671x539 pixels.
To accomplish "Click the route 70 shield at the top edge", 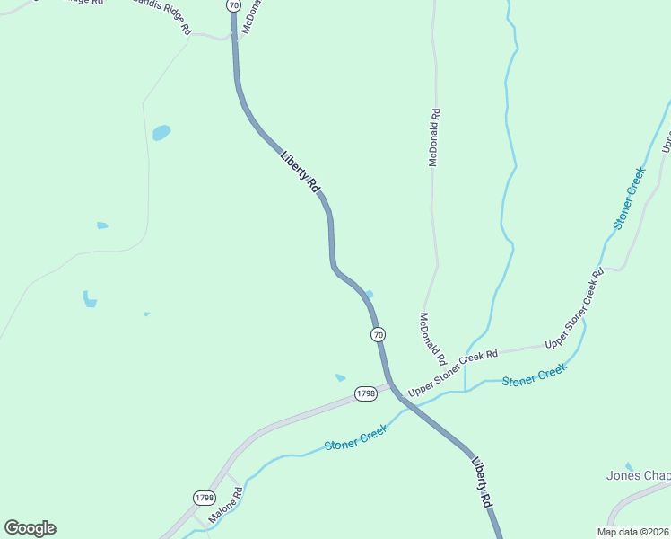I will [233, 5].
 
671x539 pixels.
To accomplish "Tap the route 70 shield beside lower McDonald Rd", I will [379, 334].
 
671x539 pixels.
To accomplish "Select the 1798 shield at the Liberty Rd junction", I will [365, 393].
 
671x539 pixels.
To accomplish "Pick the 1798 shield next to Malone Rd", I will [205, 497].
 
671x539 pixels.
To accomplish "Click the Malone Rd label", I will [226, 506].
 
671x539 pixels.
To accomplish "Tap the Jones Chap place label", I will [638, 475].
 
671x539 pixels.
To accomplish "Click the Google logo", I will [30, 528].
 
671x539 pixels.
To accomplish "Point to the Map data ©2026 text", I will [632, 531].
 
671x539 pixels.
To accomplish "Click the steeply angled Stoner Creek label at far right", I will [629, 197].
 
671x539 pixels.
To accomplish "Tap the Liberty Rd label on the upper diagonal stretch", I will [301, 170].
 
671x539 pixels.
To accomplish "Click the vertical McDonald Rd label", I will [433, 138].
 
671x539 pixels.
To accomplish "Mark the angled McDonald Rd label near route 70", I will [432, 333].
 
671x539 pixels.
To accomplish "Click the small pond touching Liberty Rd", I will [369, 294].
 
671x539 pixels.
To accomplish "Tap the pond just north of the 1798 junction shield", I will [340, 377].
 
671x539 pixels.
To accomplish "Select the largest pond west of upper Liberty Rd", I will [161, 133].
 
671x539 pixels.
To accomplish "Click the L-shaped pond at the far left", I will [89, 299].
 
